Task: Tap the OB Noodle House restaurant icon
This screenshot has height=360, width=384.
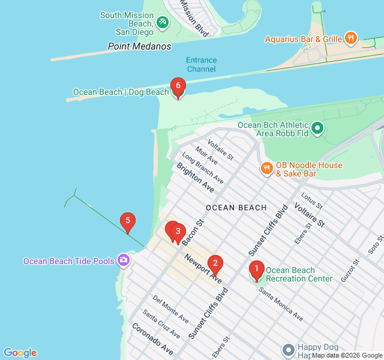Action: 266,168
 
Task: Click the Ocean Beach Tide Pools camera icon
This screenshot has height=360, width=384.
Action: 124,260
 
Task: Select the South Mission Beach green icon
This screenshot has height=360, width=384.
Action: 161,22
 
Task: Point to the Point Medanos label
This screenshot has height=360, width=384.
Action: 139,46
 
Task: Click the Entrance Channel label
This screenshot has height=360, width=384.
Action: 201,64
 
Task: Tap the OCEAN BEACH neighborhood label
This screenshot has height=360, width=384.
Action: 236,208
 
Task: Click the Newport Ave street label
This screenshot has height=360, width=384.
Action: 203,269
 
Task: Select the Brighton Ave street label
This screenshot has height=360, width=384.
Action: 195,177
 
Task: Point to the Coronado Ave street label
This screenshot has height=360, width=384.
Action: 152,339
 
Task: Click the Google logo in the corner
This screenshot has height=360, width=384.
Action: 20,353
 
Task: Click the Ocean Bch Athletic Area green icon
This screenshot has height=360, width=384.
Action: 317,128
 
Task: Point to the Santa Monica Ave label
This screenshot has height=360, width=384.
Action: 281,304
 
